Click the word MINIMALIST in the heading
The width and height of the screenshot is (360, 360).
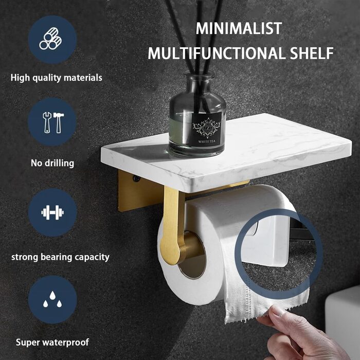tap(239, 28)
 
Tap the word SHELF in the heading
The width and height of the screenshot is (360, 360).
tap(312, 53)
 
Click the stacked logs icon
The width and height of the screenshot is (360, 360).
tap(50, 39)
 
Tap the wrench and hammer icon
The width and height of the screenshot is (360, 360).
tap(53, 122)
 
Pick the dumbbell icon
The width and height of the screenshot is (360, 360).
tap(52, 212)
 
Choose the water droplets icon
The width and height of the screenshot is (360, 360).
tap(52, 299)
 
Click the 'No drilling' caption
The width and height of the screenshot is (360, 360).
tap(52, 163)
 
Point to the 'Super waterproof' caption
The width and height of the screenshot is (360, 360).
tap(52, 343)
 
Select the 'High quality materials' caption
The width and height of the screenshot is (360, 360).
tap(57, 78)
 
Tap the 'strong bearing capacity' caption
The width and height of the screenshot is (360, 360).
tap(60, 257)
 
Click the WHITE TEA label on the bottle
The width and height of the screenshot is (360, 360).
tap(207, 141)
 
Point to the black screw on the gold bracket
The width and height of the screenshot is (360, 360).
tap(136, 178)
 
